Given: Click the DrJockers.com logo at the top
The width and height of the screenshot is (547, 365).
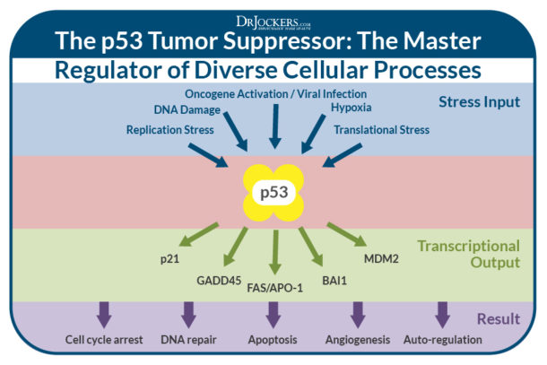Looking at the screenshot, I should [273, 20].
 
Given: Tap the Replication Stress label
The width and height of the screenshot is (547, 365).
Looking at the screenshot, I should [169, 130].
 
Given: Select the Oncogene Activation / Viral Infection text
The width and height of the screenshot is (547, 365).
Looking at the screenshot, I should [273, 94].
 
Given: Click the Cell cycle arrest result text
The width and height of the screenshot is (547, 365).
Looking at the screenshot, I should [105, 341].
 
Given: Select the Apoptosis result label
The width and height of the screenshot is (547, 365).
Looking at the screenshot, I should [273, 341].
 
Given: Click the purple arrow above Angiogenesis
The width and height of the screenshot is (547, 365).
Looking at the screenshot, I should [358, 314].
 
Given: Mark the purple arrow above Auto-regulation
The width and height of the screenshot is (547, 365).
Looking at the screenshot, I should [441, 314].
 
